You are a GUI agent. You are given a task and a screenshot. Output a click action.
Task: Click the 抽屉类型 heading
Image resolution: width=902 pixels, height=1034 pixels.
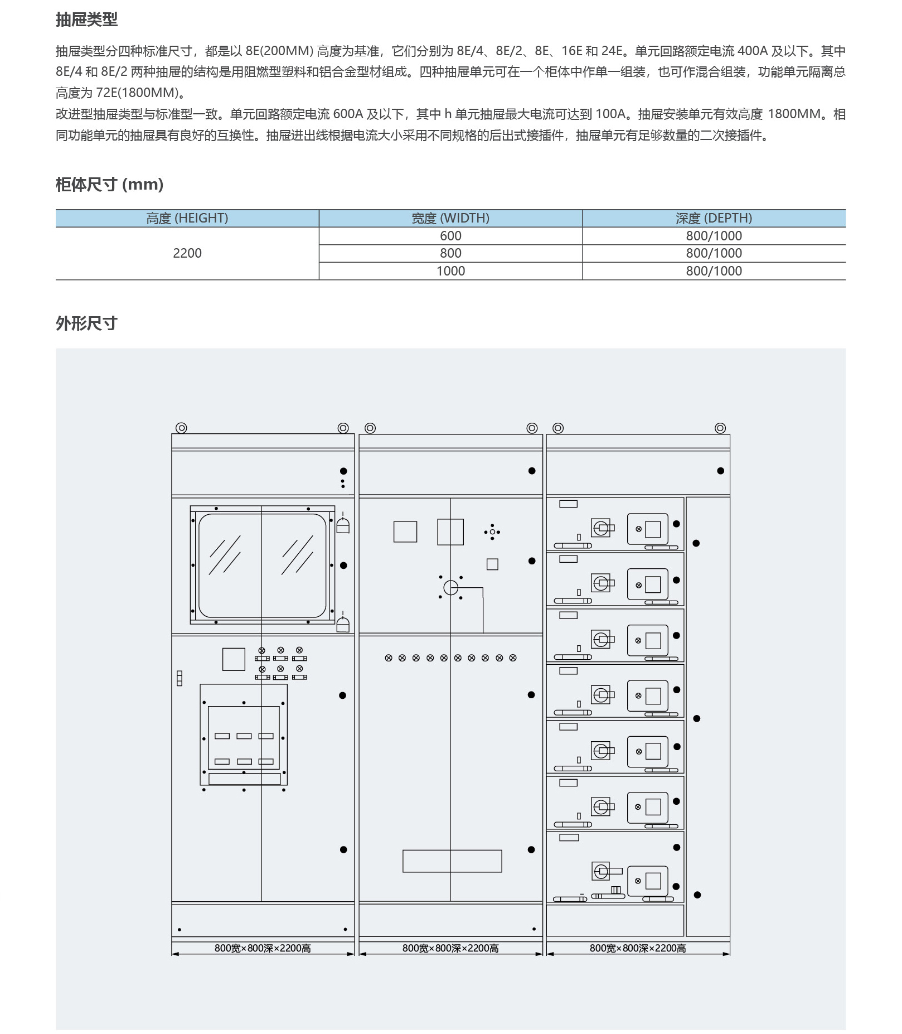click(x=86, y=20)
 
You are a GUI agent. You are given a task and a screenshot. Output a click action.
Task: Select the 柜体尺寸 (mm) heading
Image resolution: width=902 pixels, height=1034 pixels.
click(x=109, y=184)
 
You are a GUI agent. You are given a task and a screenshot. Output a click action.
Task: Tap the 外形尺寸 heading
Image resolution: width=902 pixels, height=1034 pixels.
click(x=86, y=323)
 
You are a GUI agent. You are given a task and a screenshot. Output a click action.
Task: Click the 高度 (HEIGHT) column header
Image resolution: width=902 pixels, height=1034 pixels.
click(x=187, y=218)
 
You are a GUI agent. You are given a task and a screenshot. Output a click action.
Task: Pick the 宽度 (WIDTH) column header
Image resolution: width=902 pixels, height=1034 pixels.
click(x=450, y=218)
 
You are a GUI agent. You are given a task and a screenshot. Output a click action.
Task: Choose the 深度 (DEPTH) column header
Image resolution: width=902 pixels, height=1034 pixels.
click(x=714, y=218)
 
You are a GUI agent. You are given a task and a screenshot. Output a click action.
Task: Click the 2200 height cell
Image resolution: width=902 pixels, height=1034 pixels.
click(x=187, y=253)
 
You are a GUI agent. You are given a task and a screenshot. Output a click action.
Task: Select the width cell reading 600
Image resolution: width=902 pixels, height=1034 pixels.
click(x=450, y=236)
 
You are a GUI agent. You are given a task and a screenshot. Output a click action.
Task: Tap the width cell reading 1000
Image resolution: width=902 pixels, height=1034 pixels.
click(x=450, y=271)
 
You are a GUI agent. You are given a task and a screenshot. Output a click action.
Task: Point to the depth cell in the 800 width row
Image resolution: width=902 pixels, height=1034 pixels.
click(x=714, y=253)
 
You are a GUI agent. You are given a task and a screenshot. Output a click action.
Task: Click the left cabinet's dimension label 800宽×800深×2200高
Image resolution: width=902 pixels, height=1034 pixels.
click(x=263, y=948)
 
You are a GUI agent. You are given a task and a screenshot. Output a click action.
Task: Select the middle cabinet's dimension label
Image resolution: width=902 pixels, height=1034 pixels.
click(x=450, y=948)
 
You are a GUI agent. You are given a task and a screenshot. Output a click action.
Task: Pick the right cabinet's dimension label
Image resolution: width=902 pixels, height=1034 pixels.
click(x=638, y=948)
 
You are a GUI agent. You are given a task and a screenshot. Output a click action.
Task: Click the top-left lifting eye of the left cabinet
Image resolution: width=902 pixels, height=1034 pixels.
click(x=181, y=428)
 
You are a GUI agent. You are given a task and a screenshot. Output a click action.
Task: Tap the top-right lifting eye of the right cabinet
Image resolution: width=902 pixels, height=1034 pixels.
click(x=720, y=428)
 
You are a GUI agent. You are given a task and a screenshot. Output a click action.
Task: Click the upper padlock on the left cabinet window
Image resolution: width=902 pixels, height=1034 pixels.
click(x=343, y=525)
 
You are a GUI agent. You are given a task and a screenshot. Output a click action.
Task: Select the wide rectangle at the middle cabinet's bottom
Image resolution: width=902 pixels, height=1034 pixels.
click(x=452, y=861)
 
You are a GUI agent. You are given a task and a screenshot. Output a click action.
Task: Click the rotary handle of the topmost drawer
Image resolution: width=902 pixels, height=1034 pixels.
click(x=602, y=528)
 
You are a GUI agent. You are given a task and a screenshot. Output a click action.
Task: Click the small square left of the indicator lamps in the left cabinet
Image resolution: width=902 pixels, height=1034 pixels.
click(x=234, y=659)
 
